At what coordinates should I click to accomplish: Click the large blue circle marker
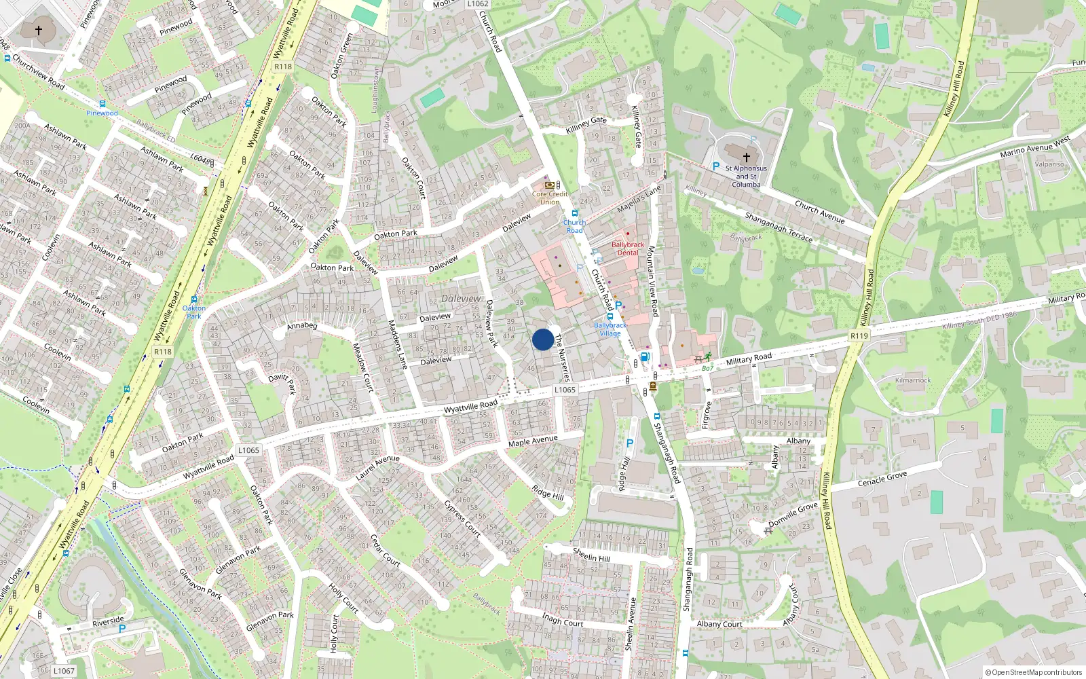click(x=542, y=339)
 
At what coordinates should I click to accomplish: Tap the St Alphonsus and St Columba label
click(x=746, y=177)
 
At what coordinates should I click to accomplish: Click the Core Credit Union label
click(x=550, y=198)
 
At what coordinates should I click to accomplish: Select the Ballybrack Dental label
click(x=628, y=249)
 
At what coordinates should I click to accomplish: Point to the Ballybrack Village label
click(x=610, y=329)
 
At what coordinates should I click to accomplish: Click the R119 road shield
click(x=859, y=335)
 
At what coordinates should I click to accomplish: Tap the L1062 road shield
click(x=478, y=4)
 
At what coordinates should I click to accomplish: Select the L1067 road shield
click(x=64, y=670)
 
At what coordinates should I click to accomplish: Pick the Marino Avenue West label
click(x=1034, y=147)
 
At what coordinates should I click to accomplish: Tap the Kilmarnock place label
click(x=913, y=380)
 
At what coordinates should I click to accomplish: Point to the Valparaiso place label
click(x=1049, y=164)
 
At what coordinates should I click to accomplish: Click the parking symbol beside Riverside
click(x=122, y=629)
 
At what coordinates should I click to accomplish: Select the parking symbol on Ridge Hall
click(x=629, y=443)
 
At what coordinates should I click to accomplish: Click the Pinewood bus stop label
click(x=102, y=113)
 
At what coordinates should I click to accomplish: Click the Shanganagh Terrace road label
click(x=779, y=227)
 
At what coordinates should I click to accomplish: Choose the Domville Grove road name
click(x=793, y=514)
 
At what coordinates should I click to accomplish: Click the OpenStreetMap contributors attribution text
click(x=1033, y=672)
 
